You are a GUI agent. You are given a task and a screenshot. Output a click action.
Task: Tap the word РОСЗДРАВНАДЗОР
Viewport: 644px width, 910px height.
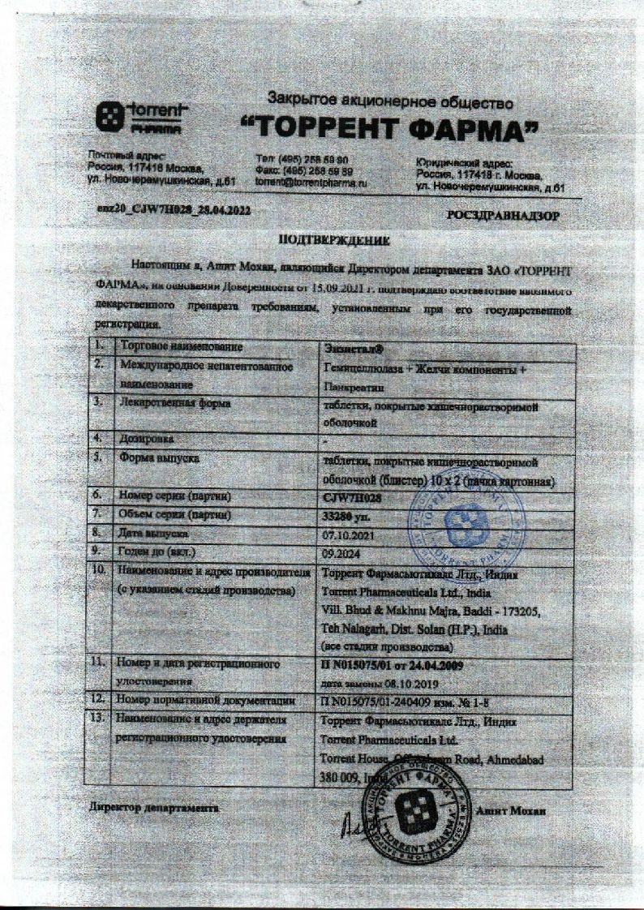coord(503,217)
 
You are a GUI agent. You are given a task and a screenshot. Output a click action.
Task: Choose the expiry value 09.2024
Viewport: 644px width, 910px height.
coord(338,554)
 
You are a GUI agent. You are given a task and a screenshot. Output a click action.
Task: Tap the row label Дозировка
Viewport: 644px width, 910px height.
coord(146,439)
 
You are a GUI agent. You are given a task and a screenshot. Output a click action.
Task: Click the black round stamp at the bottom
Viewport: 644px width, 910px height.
coord(420,806)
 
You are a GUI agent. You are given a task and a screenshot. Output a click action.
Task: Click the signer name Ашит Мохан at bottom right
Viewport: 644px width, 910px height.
coord(512,811)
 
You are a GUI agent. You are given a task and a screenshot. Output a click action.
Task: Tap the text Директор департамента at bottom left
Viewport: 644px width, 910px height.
coord(153,809)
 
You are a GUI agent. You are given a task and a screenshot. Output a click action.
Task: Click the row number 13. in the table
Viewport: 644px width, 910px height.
coord(101,719)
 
